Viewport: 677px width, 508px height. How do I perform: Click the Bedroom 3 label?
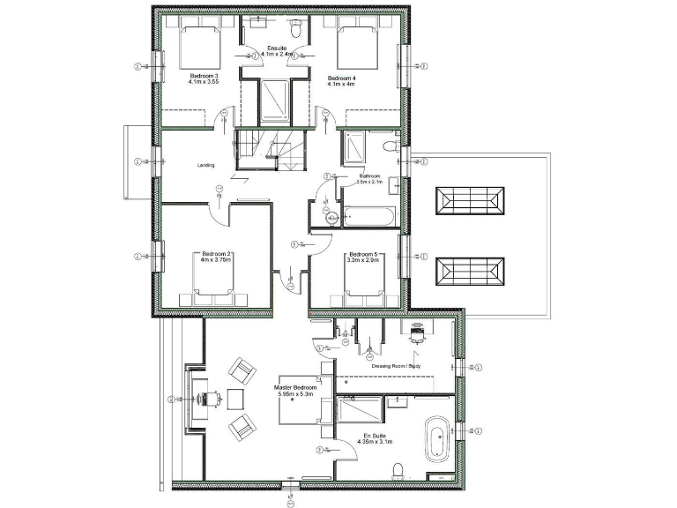pyautogui.click(x=204, y=78)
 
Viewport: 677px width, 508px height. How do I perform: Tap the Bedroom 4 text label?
pyautogui.click(x=341, y=78)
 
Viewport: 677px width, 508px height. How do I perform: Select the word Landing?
pyautogui.click(x=206, y=165)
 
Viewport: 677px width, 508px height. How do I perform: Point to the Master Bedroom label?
pyautogui.click(x=296, y=388)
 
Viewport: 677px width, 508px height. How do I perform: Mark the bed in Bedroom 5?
pyautogui.click(x=362, y=284)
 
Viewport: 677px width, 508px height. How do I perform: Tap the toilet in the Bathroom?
pyautogui.click(x=391, y=145)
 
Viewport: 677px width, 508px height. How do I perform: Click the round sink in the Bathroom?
pyautogui.click(x=331, y=215)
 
